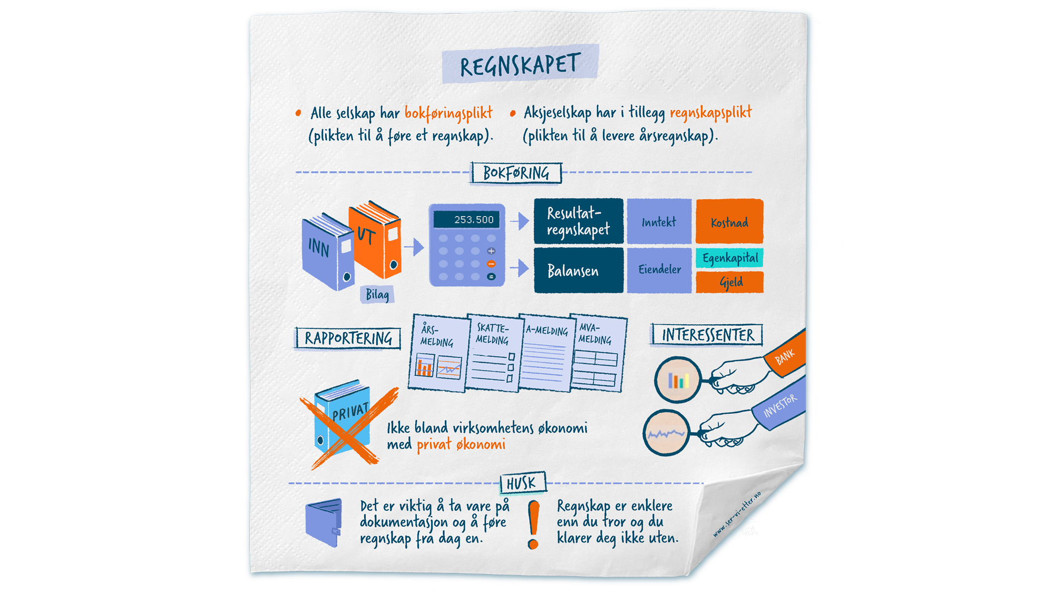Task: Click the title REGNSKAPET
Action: coord(520,64)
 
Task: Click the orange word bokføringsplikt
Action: coord(448,113)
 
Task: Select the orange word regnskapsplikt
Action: coord(710,112)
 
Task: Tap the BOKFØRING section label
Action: coord(516,173)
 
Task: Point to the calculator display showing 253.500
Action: coord(466,219)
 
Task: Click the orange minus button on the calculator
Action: coord(491,264)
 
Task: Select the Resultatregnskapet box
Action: coord(578,221)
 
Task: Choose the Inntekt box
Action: coord(659,222)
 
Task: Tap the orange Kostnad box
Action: coord(729,222)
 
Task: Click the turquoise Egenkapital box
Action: coord(730,258)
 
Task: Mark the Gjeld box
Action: coord(730,282)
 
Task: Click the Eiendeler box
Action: coord(659,269)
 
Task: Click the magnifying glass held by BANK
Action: coord(678,380)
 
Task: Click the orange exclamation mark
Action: coord(534,524)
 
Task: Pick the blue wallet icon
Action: coord(323,523)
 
